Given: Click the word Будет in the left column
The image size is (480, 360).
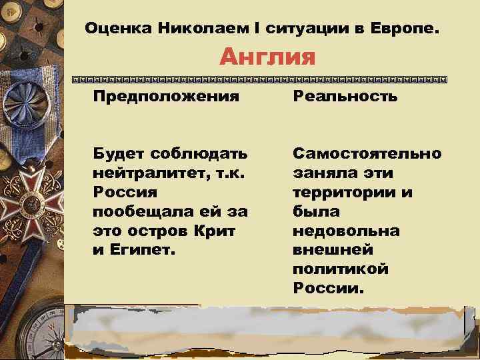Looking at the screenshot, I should click(x=118, y=153).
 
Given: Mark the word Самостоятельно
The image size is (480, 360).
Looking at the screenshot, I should click(x=367, y=153).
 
